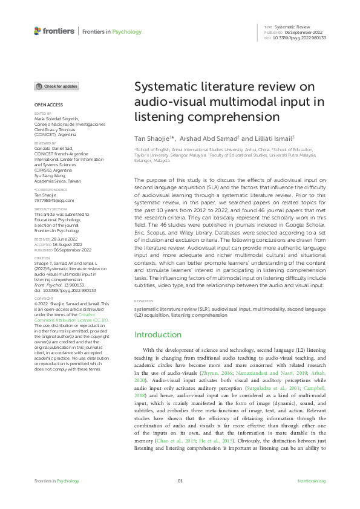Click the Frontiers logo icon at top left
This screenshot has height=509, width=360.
coord(38,31)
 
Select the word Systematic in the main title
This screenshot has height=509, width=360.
coord(163,87)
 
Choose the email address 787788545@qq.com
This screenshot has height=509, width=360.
coord(54,200)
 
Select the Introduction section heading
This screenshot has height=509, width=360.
coord(158,334)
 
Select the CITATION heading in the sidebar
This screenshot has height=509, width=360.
coord(41,257)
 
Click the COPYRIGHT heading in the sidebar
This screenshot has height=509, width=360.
coord(42,299)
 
